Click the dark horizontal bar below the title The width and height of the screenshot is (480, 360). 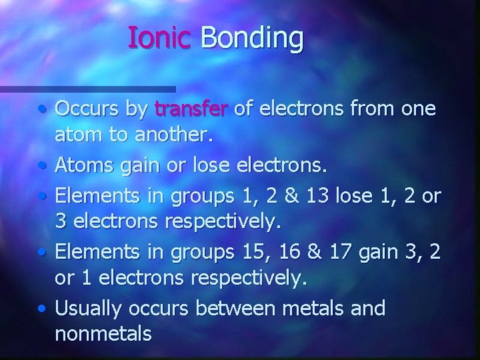87,88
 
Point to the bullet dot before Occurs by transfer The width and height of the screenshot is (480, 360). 41,107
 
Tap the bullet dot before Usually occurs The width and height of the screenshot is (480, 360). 41,309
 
